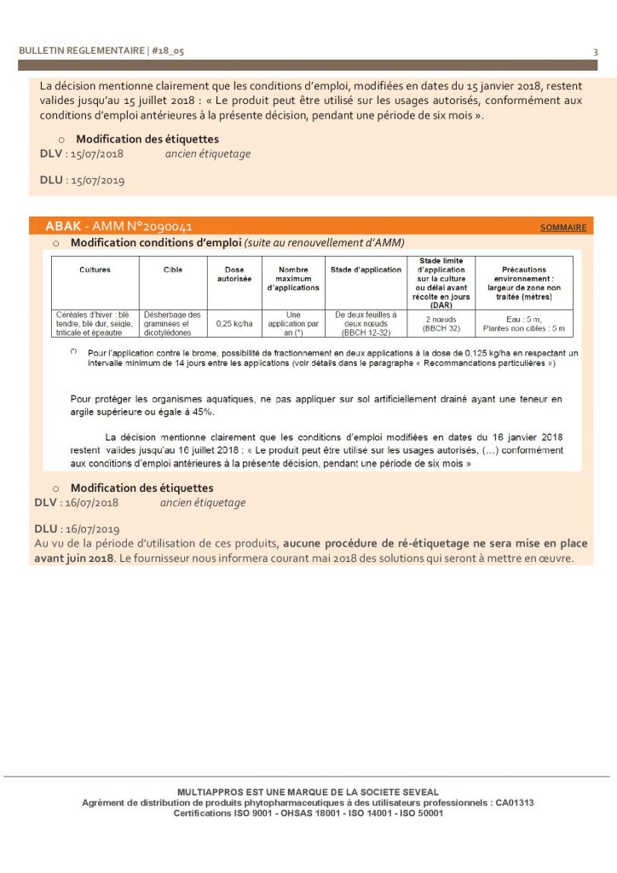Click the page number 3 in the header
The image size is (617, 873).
595,51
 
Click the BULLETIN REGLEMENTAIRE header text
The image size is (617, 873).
82,51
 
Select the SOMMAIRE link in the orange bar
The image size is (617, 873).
563,228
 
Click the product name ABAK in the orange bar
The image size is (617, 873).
63,227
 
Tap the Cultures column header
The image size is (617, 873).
95,269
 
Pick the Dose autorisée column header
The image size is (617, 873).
233,274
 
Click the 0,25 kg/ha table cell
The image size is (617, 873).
233,324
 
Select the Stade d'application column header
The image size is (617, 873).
366,269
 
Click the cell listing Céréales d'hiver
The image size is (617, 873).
95,324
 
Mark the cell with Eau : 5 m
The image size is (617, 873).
524,319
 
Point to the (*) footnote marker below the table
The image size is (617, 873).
74,351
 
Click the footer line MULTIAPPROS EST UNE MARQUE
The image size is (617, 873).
308,792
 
